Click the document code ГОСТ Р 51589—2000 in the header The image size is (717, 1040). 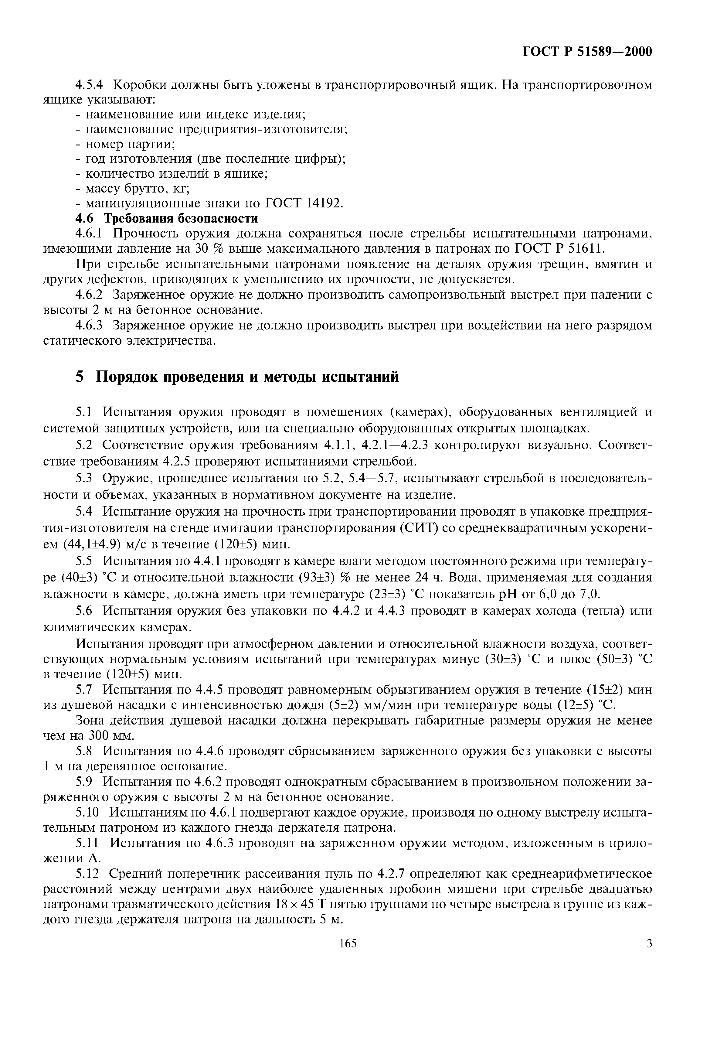pos(587,52)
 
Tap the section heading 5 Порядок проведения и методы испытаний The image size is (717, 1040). pos(237,377)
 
